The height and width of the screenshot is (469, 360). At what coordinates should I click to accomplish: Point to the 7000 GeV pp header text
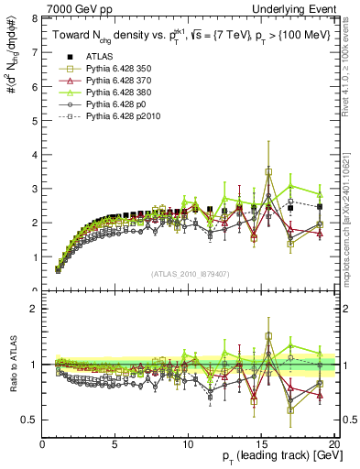74,8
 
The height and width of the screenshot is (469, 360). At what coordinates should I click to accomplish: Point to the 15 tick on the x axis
261,444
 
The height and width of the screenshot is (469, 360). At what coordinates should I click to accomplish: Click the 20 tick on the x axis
333,444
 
